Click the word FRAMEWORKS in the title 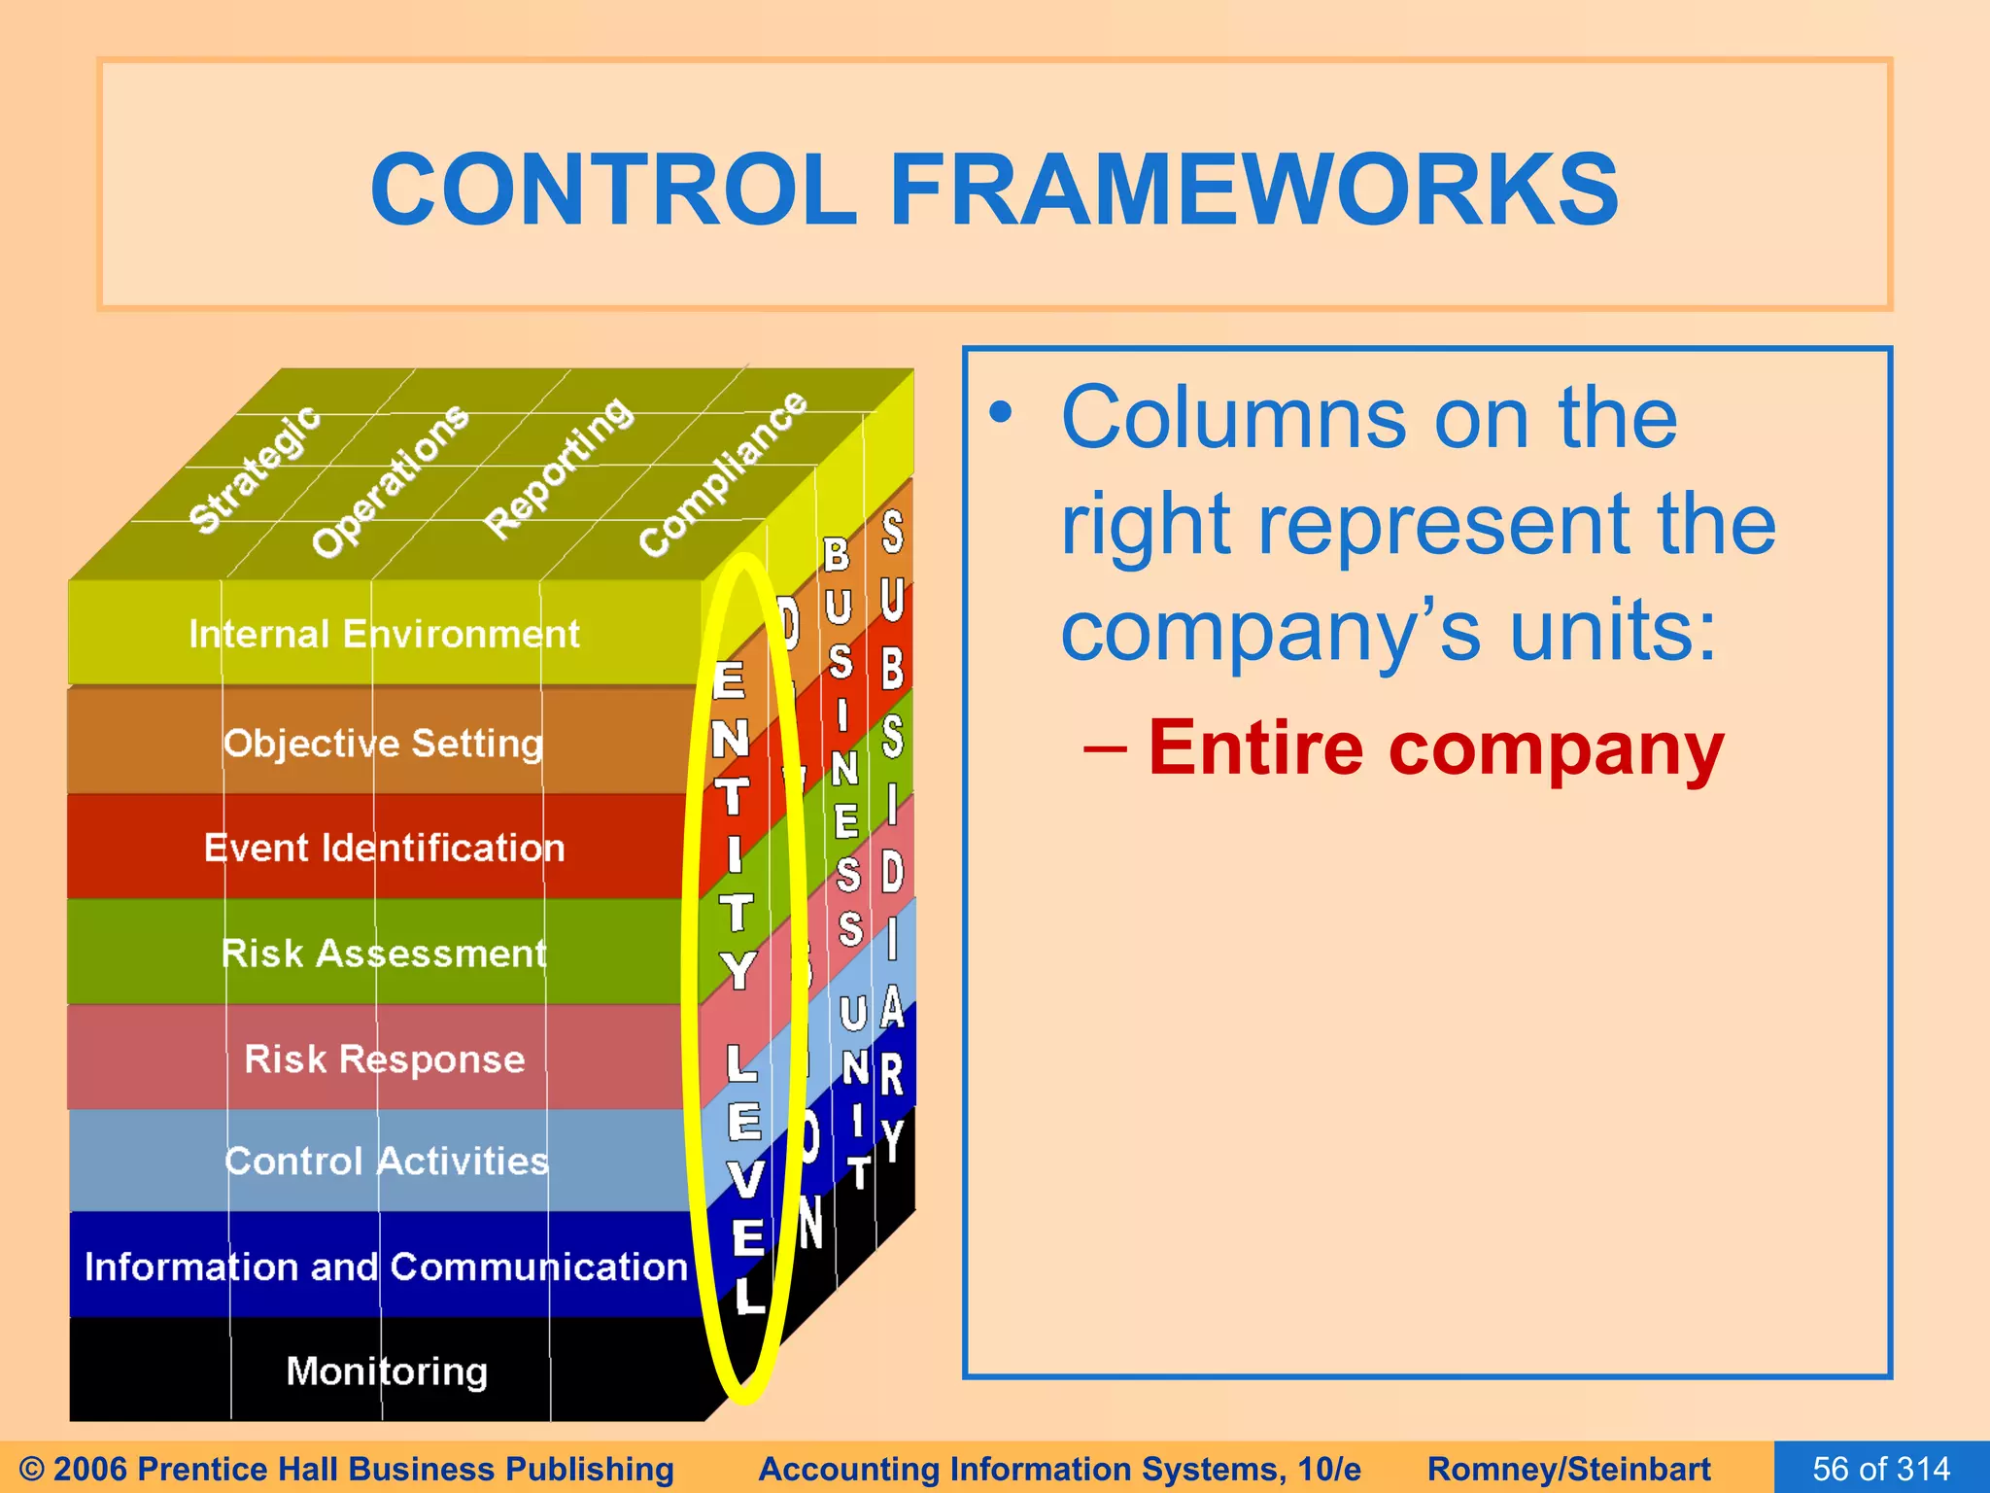(x=1253, y=190)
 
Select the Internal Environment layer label (x=384, y=634)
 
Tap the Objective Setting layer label (x=383, y=744)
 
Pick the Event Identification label (x=384, y=848)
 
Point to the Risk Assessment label (x=384, y=954)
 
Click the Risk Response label (x=384, y=1059)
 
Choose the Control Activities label (x=386, y=1162)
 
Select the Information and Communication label (x=386, y=1267)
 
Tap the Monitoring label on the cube (x=387, y=1371)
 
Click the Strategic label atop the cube (x=255, y=469)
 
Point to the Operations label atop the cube (x=390, y=480)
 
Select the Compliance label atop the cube (x=722, y=473)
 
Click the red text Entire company (x=1435, y=748)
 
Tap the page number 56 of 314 (x=1881, y=1468)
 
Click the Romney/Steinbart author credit (x=1568, y=1468)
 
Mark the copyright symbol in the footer (x=31, y=1469)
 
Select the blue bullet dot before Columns (x=1001, y=413)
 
